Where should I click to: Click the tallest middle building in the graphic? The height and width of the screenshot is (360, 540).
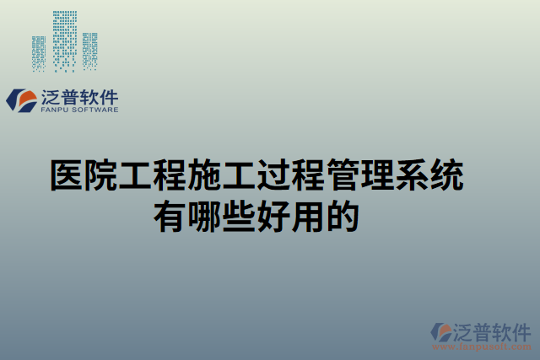[63, 38]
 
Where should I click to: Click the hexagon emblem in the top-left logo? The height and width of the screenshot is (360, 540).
[19, 100]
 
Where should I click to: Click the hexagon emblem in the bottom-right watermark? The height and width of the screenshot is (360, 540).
[440, 332]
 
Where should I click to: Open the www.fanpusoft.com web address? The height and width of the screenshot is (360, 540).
[486, 346]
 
